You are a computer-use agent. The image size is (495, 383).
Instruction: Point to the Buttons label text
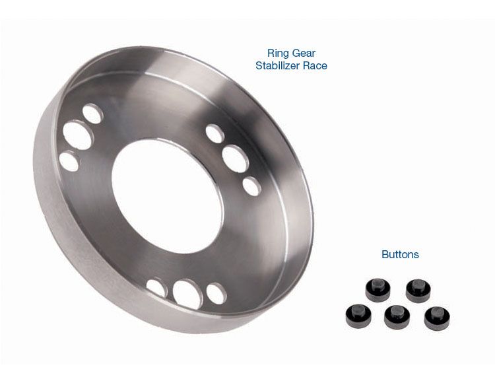pyautogui.click(x=400, y=254)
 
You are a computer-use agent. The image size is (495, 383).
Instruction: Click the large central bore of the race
pyautogui.click(x=168, y=195)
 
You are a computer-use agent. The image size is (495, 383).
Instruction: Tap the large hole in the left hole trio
pyautogui.click(x=78, y=135)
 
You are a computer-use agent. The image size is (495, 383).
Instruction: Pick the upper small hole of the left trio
pyautogui.click(x=92, y=114)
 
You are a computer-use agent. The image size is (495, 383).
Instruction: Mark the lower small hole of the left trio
pyautogui.click(x=69, y=161)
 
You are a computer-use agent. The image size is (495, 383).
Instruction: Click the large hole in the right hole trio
pyautogui.click(x=236, y=158)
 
